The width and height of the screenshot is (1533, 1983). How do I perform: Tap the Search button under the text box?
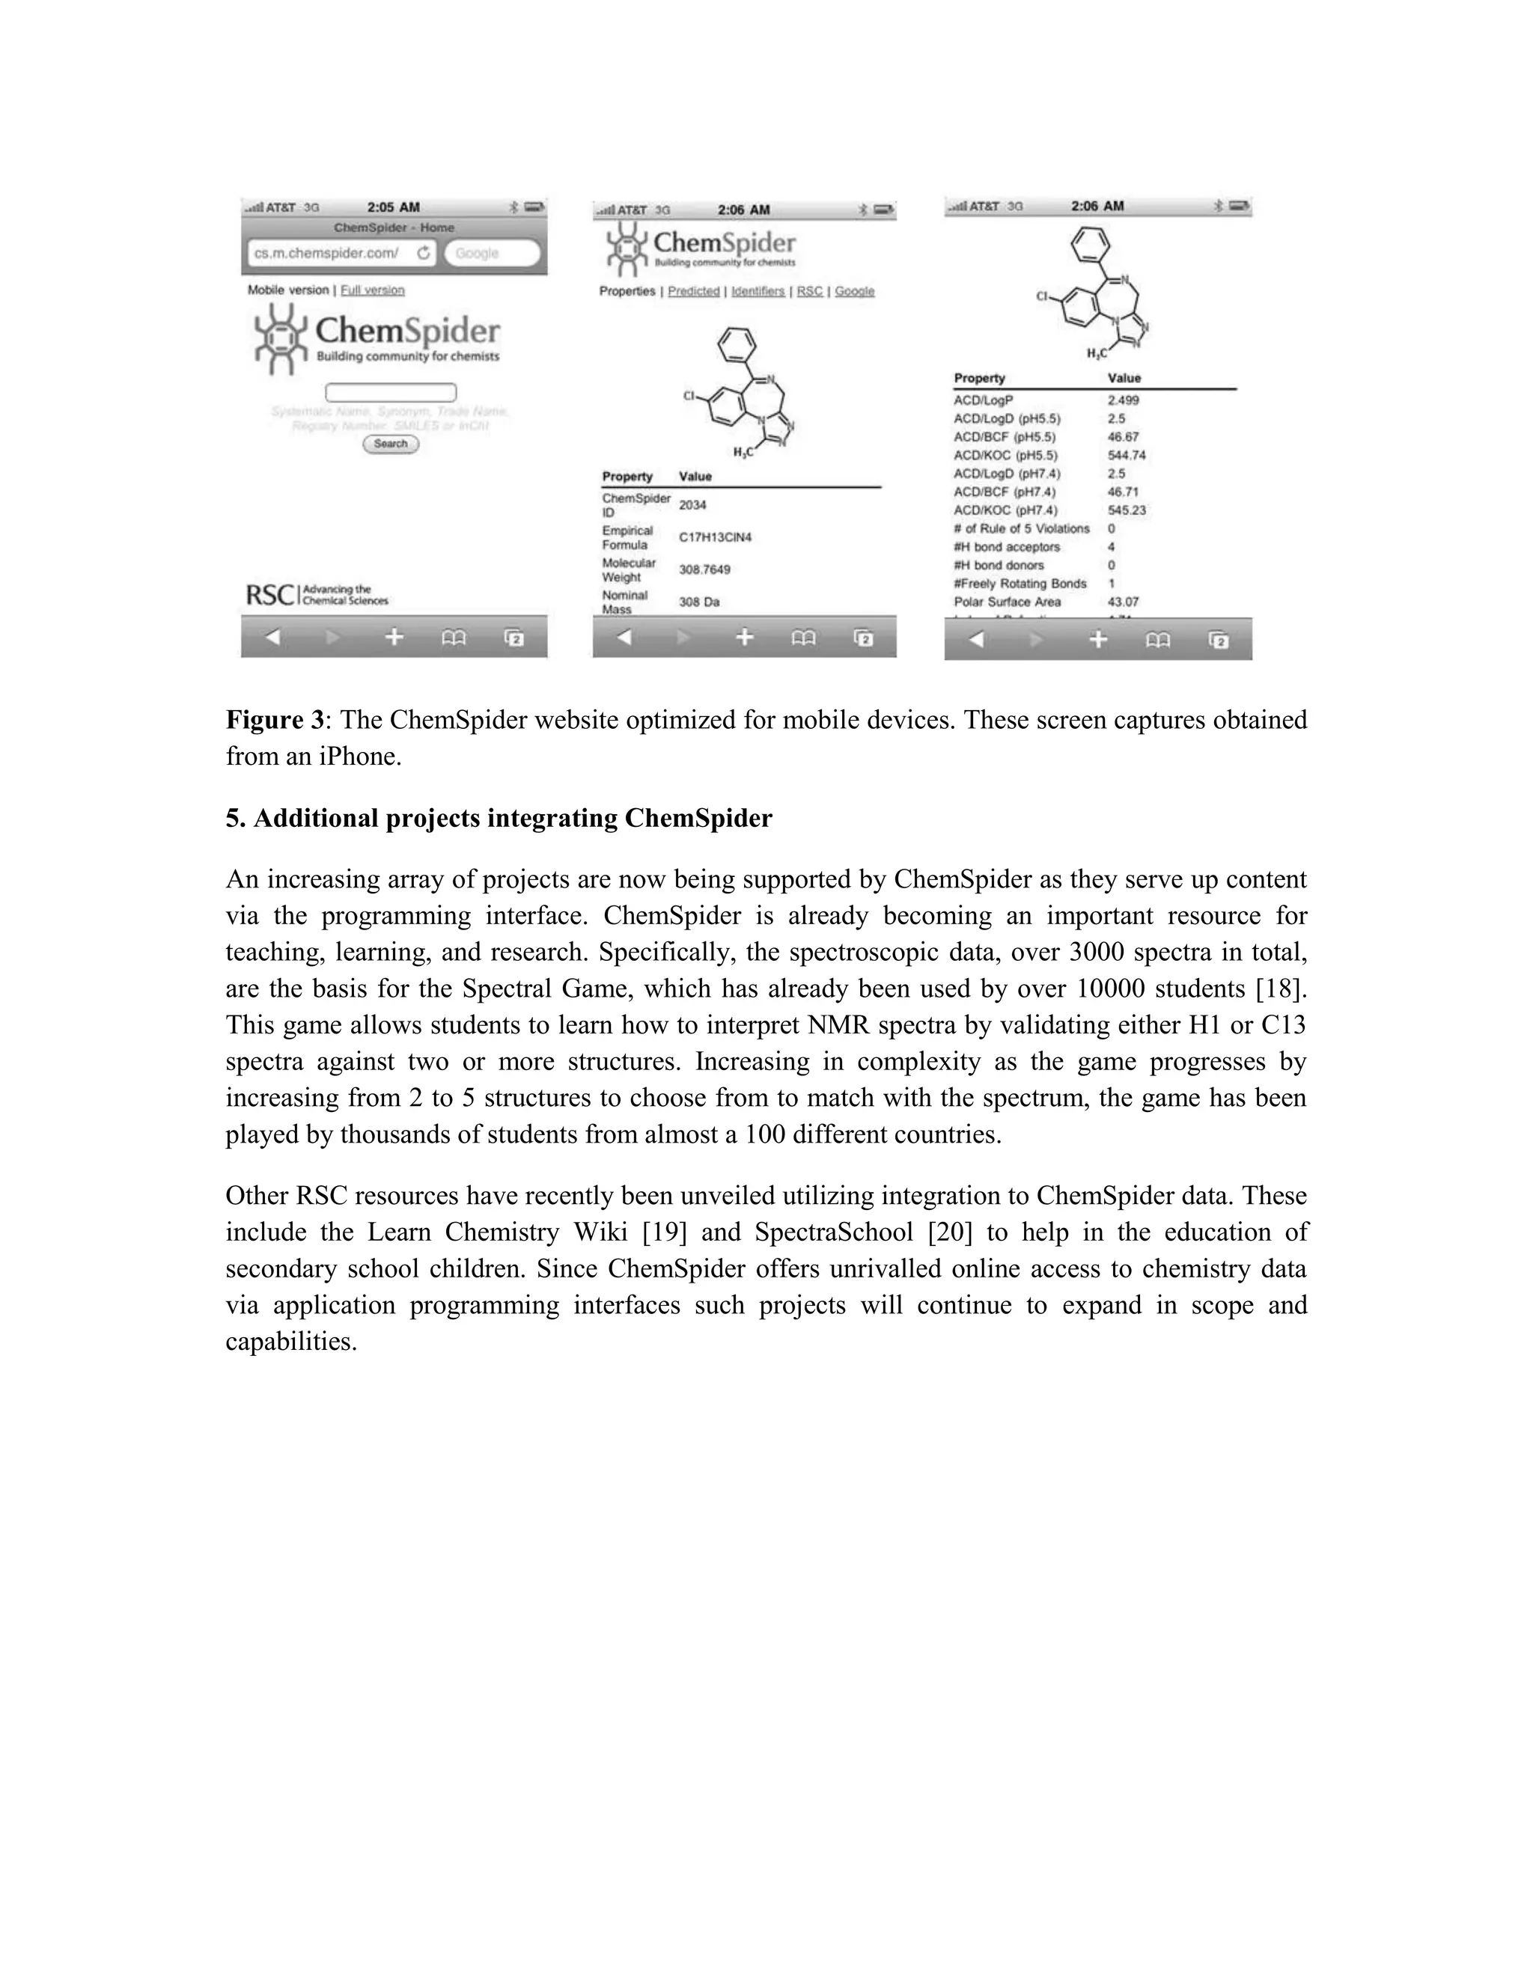click(391, 444)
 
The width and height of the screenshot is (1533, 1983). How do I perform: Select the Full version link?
click(371, 290)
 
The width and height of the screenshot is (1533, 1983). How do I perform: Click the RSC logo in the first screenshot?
click(269, 595)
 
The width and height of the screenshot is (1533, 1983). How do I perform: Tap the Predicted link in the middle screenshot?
click(693, 291)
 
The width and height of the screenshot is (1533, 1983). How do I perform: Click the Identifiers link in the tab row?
click(758, 291)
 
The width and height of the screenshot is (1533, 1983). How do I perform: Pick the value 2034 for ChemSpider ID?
click(692, 505)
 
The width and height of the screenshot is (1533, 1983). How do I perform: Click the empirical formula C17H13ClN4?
click(715, 537)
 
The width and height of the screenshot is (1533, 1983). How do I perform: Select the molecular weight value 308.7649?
click(704, 569)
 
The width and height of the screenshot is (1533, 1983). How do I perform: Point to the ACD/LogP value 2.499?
click(1123, 400)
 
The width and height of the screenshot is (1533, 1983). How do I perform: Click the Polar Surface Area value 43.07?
click(1123, 602)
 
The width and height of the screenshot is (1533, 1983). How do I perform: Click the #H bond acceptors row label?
click(1006, 546)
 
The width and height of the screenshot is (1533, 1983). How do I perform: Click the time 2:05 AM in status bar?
click(393, 207)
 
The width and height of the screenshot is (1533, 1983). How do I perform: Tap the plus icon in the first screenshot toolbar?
click(393, 638)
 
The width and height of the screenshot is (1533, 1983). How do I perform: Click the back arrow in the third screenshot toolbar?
click(976, 639)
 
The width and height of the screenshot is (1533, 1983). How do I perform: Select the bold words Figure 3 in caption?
click(274, 720)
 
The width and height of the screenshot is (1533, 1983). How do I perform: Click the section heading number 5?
click(234, 818)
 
